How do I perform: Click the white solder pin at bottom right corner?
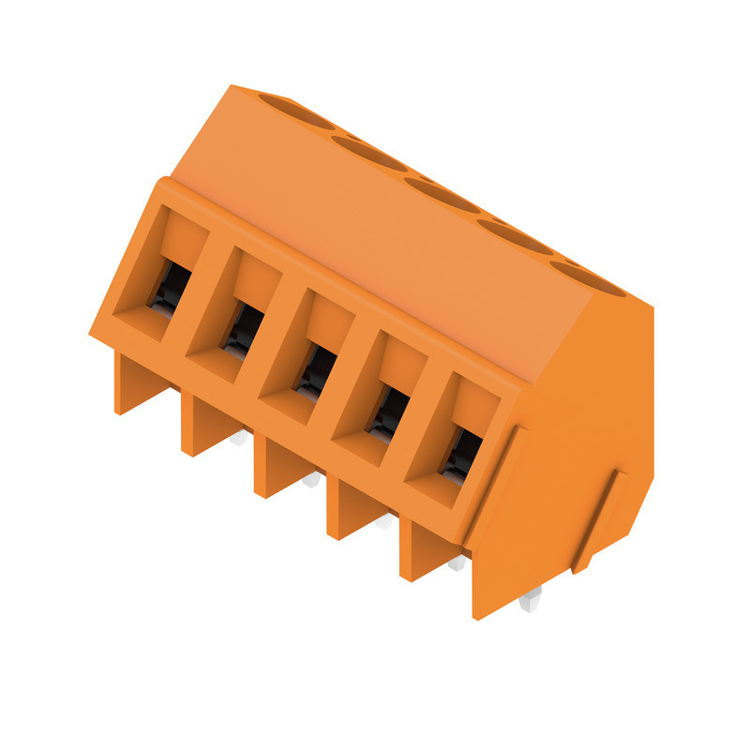tap(531, 600)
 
